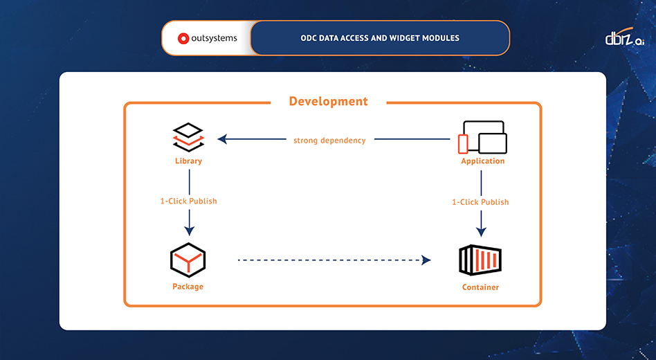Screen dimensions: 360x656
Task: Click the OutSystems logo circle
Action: [183, 39]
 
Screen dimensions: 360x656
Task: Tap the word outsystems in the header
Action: [213, 39]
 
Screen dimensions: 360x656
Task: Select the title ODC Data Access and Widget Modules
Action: [380, 38]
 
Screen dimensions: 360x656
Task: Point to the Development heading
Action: [328, 102]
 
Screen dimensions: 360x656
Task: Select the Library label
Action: [188, 161]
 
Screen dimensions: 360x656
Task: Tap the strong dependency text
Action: [329, 140]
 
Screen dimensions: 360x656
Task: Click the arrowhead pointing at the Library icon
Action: [222, 139]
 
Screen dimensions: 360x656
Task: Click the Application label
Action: [482, 161]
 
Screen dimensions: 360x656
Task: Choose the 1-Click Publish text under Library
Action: [188, 201]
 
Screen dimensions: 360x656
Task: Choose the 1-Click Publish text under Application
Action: [480, 202]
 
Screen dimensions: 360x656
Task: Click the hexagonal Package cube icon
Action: [188, 260]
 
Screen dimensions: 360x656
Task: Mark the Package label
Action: [188, 287]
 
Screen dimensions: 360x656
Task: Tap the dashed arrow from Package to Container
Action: [332, 260]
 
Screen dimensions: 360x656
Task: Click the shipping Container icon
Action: [480, 260]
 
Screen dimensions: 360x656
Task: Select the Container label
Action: [480, 287]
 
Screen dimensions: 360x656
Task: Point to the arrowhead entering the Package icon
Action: [189, 231]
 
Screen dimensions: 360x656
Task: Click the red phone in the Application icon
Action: [463, 144]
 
